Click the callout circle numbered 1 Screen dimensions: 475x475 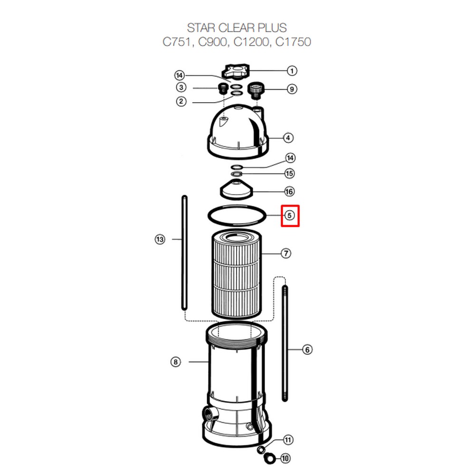pyautogui.click(x=292, y=71)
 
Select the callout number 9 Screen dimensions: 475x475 pyautogui.click(x=292, y=89)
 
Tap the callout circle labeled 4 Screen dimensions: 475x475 pyautogui.click(x=288, y=138)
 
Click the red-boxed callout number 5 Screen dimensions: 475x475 pyautogui.click(x=290, y=215)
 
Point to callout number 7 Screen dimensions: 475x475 pyautogui.click(x=286, y=253)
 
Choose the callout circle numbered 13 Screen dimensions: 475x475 pyautogui.click(x=160, y=239)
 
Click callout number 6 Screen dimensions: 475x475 pyautogui.click(x=307, y=350)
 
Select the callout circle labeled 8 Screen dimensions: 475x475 pyautogui.click(x=175, y=361)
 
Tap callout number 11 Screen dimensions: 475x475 pyautogui.click(x=288, y=440)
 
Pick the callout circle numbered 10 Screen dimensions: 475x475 pyautogui.click(x=285, y=458)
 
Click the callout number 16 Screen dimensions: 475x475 pyautogui.click(x=289, y=191)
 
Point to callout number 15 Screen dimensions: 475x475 pyautogui.click(x=289, y=173)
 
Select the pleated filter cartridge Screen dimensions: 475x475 pyautogui.click(x=236, y=275)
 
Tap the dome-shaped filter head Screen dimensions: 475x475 pyautogui.click(x=238, y=132)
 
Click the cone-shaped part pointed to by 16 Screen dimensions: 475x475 pyautogui.click(x=236, y=190)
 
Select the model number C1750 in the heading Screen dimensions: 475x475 pyautogui.click(x=293, y=42)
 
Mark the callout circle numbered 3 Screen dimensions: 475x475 pyautogui.click(x=181, y=87)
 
